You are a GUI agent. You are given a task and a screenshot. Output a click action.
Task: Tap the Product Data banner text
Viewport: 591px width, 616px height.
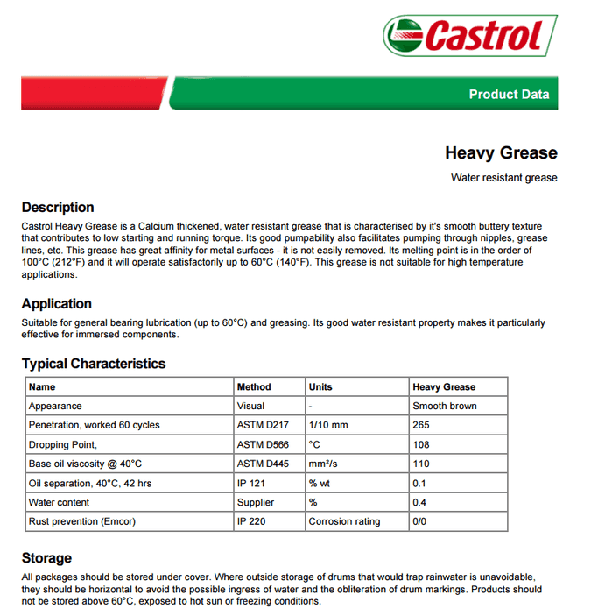pos(509,95)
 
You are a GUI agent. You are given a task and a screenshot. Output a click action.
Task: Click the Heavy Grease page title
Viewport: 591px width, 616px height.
pos(501,153)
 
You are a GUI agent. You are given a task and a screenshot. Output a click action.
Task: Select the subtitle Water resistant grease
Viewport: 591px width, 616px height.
pos(503,178)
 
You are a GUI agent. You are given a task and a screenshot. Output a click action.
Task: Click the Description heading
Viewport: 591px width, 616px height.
pos(58,208)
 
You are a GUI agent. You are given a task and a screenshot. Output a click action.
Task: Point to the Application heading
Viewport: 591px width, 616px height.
pos(57,304)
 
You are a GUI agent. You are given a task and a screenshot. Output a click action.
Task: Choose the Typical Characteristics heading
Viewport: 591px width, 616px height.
pos(94,364)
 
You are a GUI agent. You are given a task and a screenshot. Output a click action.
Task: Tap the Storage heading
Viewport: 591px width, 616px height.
pos(46,558)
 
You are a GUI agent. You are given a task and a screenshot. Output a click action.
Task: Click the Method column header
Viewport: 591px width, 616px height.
pos(254,386)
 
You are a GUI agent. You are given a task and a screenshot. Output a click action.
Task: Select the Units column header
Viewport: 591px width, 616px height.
pos(320,386)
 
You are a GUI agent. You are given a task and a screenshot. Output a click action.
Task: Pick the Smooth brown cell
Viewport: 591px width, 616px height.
pos(444,406)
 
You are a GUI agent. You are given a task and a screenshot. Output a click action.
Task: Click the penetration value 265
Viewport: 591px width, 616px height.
pos(421,425)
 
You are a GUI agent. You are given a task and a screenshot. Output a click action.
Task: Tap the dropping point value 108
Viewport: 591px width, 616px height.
pos(421,444)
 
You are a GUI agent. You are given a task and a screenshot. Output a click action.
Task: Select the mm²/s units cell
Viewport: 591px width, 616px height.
pos(322,464)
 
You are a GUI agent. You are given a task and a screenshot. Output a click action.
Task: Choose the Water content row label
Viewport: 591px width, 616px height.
pos(60,502)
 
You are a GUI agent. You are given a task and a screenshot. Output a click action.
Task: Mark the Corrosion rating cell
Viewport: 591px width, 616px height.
pos(344,521)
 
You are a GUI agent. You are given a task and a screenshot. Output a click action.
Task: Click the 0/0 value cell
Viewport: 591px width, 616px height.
pos(420,521)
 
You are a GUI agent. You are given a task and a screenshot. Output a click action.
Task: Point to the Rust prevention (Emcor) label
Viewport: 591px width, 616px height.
pos(82,521)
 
